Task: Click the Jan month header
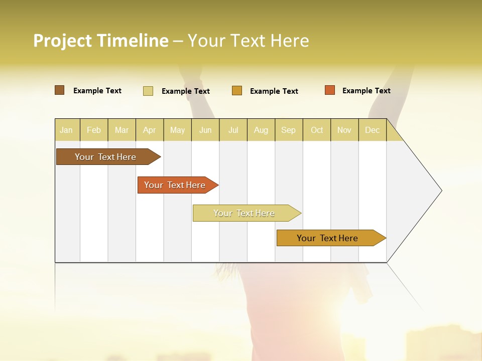pos(66,130)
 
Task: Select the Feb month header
pos(94,130)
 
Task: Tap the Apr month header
pos(149,130)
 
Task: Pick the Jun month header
pos(205,130)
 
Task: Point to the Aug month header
pos(261,130)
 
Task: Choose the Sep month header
pos(288,130)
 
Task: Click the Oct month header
pos(317,130)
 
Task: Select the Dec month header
pos(372,130)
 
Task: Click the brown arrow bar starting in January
pos(105,157)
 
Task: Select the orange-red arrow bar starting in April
pos(175,185)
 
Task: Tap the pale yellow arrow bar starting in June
pos(244,213)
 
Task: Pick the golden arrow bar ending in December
pos(327,238)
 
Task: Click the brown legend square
pos(59,90)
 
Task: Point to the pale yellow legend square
pos(148,91)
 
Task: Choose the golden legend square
pos(237,91)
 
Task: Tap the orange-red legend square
pos(329,90)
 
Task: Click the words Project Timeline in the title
pos(100,41)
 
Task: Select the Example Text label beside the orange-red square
pos(366,91)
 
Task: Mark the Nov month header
pos(344,130)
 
